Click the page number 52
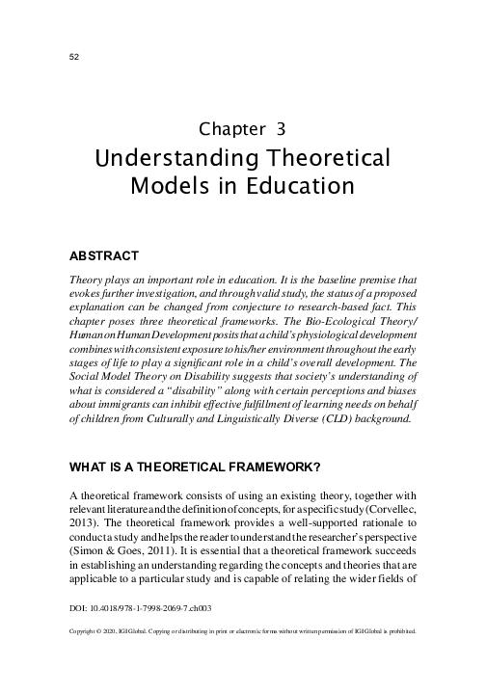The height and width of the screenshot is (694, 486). (x=73, y=56)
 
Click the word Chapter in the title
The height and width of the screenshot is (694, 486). (x=232, y=128)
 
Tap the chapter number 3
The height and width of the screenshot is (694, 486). (x=280, y=128)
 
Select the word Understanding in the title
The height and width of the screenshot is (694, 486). (x=176, y=156)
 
